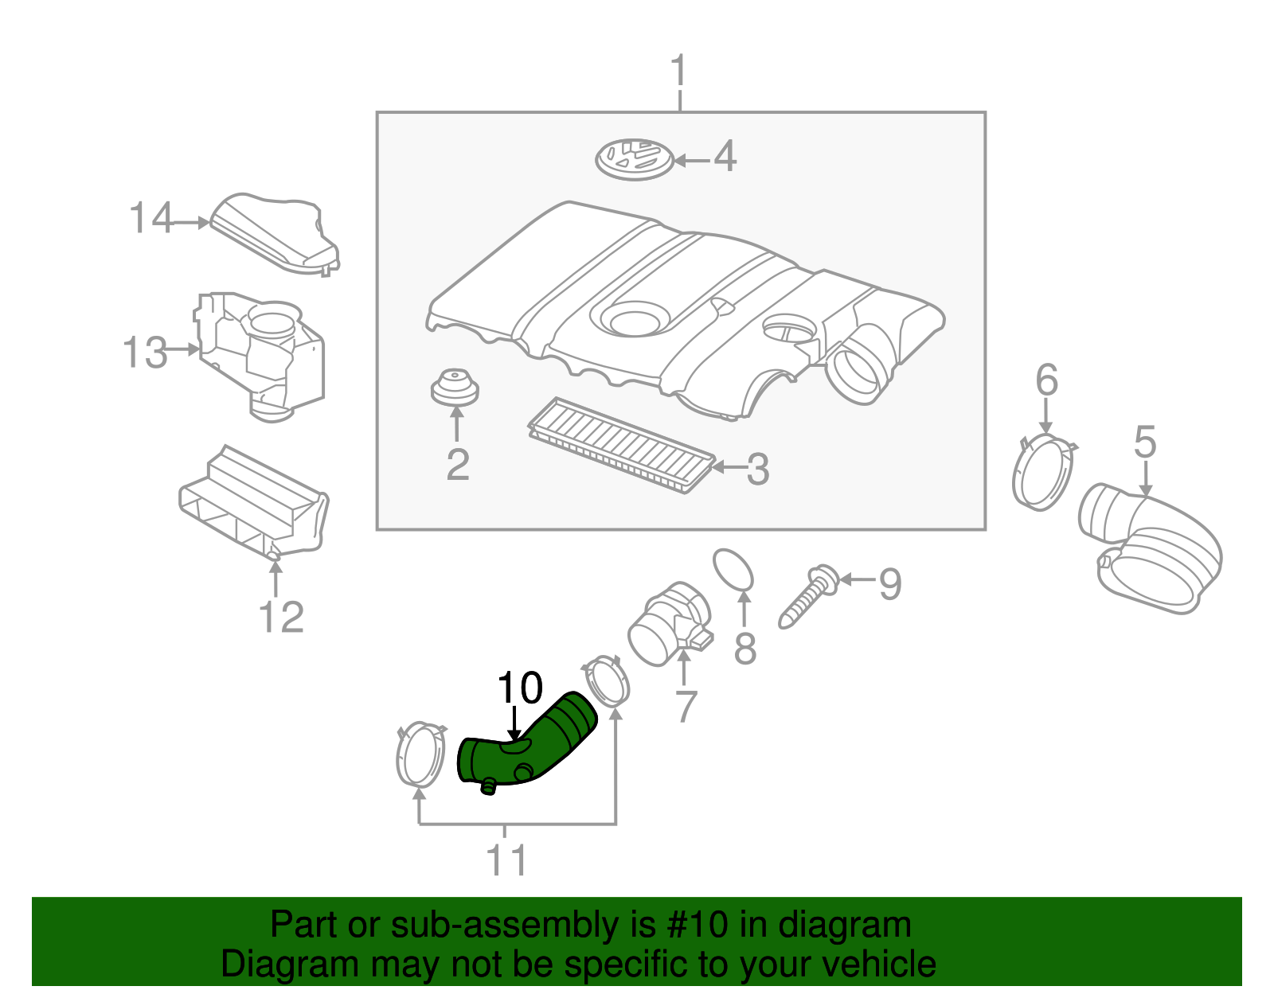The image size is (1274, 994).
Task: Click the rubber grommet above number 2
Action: [x=455, y=388]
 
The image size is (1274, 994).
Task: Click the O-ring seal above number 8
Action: [x=733, y=571]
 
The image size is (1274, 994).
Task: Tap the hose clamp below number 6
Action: [x=1044, y=473]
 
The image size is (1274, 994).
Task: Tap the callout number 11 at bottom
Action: [x=506, y=860]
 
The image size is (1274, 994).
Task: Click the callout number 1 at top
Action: [x=678, y=72]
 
